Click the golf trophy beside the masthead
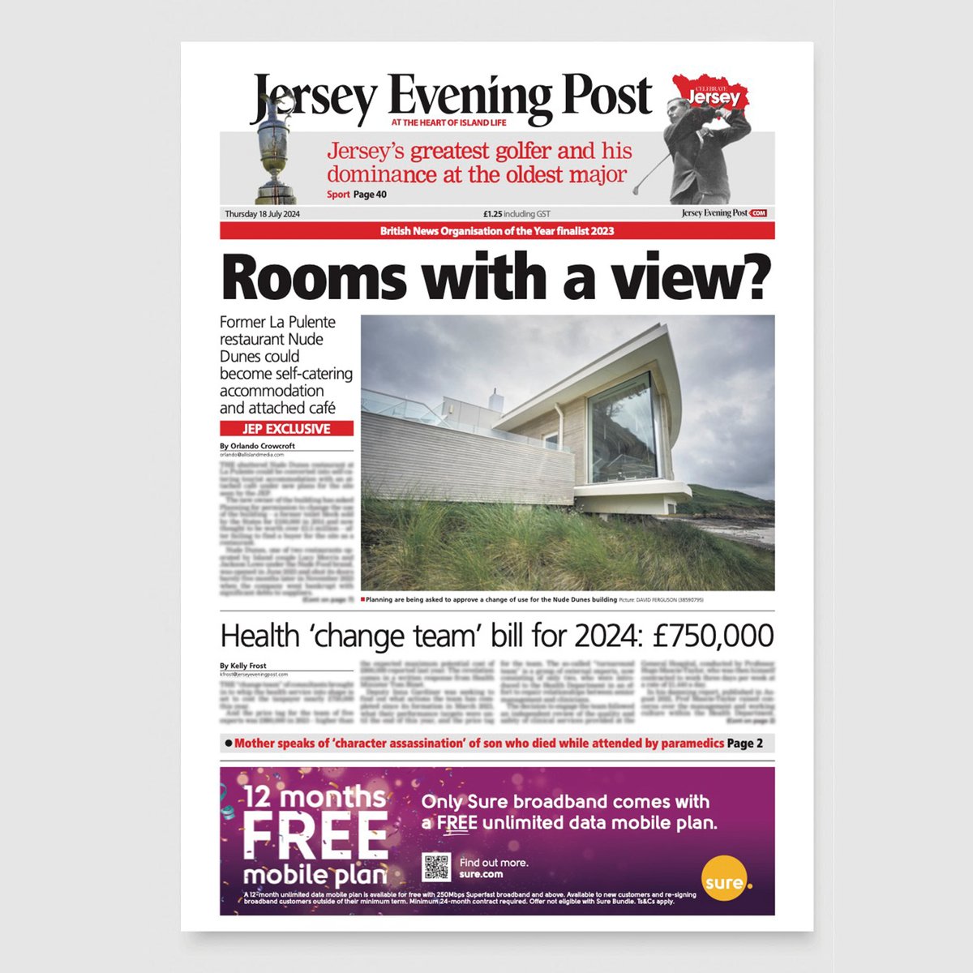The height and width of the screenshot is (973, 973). pyautogui.click(x=275, y=154)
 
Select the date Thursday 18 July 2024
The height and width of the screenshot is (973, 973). pyautogui.click(x=263, y=214)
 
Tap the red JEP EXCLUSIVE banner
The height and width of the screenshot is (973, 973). pyautogui.click(x=286, y=429)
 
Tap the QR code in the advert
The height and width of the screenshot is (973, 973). pyautogui.click(x=436, y=867)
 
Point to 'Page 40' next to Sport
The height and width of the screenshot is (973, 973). pyautogui.click(x=370, y=195)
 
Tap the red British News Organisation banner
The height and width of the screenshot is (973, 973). pyautogui.click(x=497, y=231)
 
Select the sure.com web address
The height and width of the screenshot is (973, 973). pyautogui.click(x=481, y=874)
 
